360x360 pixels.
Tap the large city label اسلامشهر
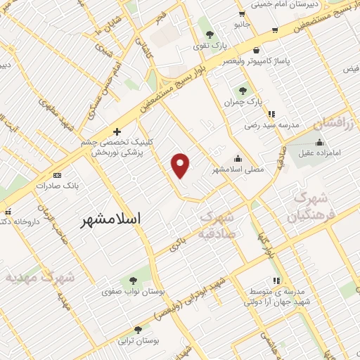[111, 219]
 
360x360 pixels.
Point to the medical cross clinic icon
[117, 131]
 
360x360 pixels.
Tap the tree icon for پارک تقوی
[208, 33]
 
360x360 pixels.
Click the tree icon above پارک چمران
[243, 90]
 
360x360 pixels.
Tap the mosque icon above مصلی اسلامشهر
[238, 157]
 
